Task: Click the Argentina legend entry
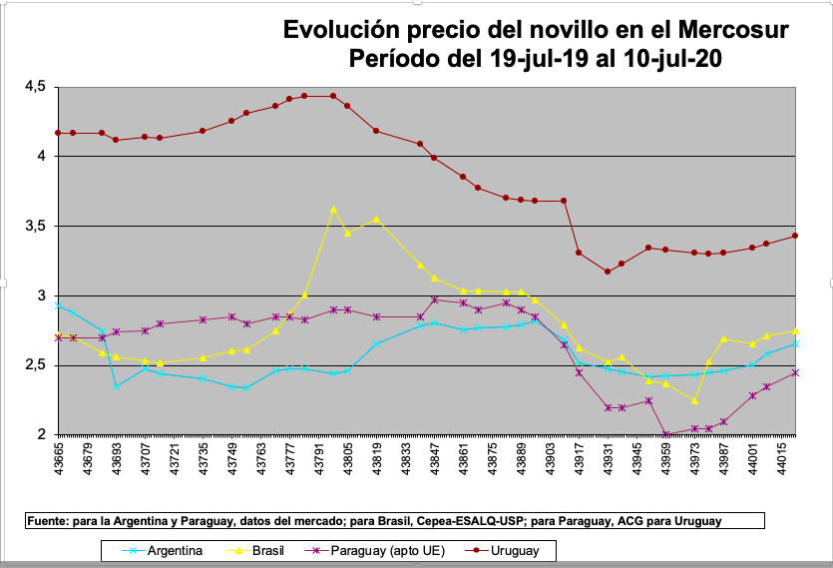176,550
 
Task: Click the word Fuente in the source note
47,521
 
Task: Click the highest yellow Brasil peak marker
333,209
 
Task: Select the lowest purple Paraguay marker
665,435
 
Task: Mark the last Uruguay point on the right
794,236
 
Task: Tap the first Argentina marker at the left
58,305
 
